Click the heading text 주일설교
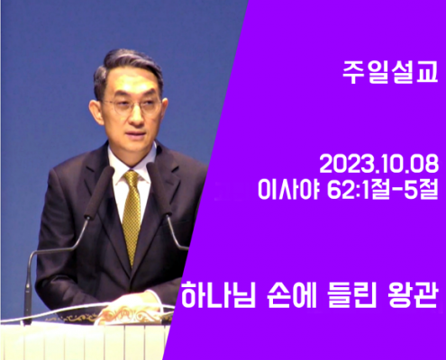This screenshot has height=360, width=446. point(390,73)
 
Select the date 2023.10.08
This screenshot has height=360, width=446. point(379,165)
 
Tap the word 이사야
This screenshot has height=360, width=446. point(287,190)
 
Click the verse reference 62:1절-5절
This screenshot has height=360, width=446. point(383,190)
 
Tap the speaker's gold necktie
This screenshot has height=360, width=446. point(132,216)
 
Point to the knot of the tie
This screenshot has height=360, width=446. point(132,177)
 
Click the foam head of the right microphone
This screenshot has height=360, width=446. point(158,187)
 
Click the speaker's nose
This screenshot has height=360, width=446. point(135,115)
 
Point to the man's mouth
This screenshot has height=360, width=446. point(137,133)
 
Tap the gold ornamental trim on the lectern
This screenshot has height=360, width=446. point(110,316)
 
